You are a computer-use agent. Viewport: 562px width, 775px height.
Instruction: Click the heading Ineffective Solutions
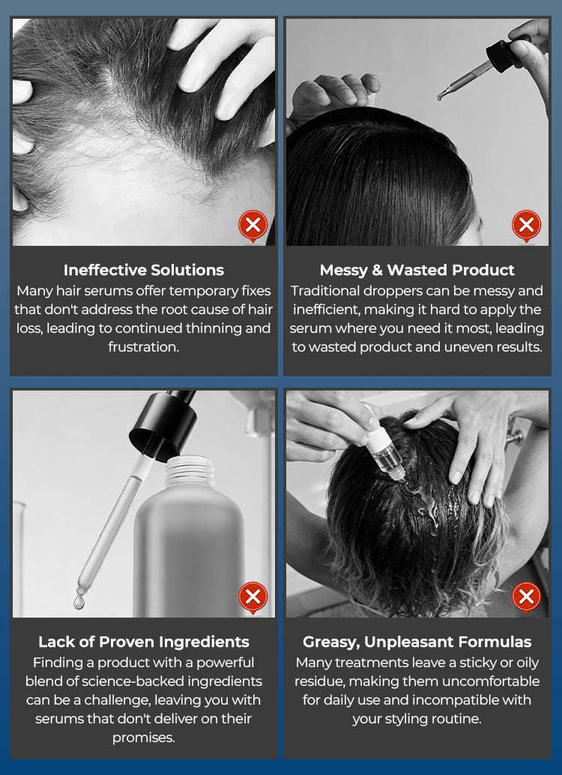(x=144, y=270)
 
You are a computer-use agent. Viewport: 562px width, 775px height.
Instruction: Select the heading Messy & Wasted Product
(x=417, y=270)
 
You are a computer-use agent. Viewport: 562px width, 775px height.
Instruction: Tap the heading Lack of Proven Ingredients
(x=144, y=642)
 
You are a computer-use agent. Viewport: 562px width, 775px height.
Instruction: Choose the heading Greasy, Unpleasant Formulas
(x=417, y=642)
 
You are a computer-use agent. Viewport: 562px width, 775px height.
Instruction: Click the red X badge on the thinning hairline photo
(x=253, y=226)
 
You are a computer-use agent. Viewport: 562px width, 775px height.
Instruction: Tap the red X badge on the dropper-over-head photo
(x=527, y=226)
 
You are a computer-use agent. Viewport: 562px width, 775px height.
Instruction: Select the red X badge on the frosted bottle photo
(x=253, y=597)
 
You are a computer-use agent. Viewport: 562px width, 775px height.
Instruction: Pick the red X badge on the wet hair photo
(x=527, y=597)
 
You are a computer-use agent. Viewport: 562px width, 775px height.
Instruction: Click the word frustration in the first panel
(x=142, y=347)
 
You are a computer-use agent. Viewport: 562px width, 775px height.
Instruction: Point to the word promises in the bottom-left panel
(x=143, y=738)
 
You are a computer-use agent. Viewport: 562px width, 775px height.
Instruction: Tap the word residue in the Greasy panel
(x=318, y=681)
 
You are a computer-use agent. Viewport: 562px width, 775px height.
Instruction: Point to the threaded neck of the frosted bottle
(x=189, y=471)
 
